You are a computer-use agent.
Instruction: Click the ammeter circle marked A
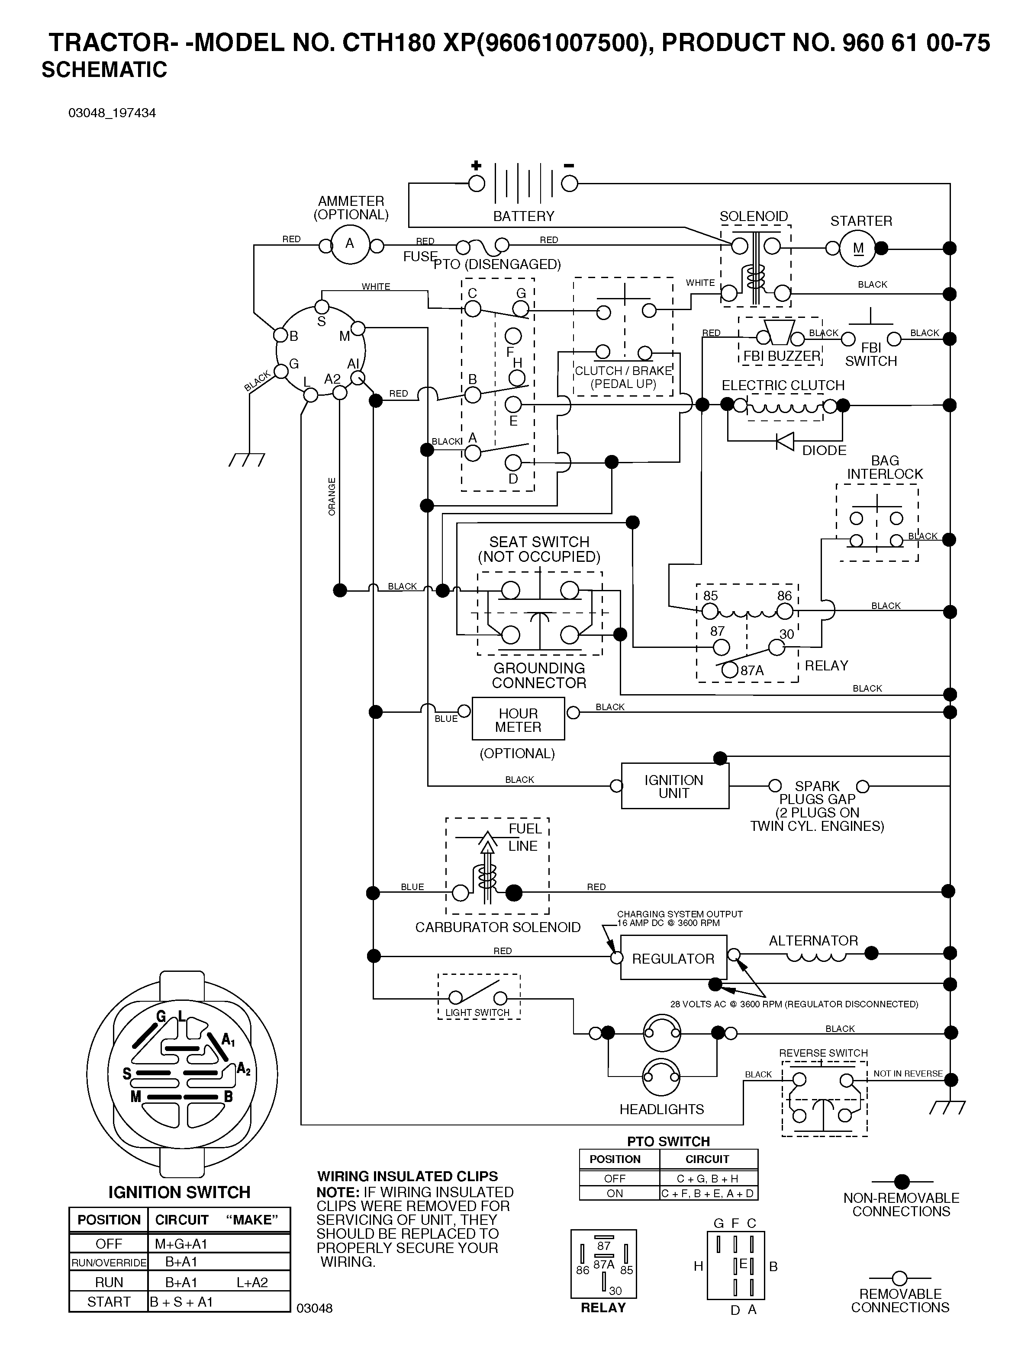click(x=350, y=245)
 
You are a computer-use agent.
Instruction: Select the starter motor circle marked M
click(x=858, y=249)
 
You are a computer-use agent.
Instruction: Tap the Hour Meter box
click(x=518, y=719)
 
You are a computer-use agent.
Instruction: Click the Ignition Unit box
click(x=675, y=786)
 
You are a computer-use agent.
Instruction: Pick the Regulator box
click(x=673, y=958)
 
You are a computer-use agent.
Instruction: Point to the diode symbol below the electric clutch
click(x=785, y=441)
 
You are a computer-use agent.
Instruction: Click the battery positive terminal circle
click(x=477, y=183)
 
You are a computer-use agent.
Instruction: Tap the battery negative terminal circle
click(x=569, y=183)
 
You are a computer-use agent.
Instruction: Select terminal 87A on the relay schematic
click(x=730, y=670)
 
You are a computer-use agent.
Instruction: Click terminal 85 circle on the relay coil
click(x=711, y=612)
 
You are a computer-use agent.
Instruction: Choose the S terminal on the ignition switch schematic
click(x=322, y=307)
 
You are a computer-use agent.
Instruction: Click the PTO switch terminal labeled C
click(x=472, y=308)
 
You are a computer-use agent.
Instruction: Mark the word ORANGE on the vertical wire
click(x=332, y=496)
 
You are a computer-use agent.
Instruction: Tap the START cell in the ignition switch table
click(x=109, y=1301)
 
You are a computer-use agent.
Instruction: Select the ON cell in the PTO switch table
click(x=615, y=1193)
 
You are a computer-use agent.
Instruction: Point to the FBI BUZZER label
click(x=782, y=356)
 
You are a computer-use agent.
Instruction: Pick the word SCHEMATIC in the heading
click(x=104, y=70)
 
